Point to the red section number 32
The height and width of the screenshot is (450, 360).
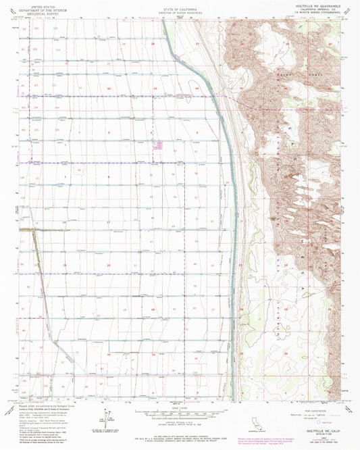click(x=108, y=89)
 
